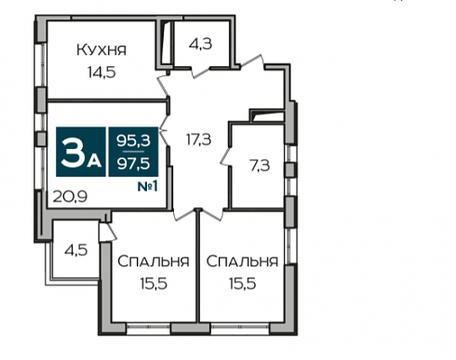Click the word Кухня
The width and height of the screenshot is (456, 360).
point(101,50)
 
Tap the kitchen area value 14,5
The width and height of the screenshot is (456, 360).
point(101,73)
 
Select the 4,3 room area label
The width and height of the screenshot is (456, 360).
point(200,44)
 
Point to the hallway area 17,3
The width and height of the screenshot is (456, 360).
point(198,140)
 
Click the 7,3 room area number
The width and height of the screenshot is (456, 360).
point(260,166)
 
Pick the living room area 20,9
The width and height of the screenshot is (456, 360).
point(70,196)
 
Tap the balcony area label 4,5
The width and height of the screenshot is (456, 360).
point(76,250)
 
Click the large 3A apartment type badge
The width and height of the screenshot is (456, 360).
point(81,152)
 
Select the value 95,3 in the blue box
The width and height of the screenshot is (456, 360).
point(133,140)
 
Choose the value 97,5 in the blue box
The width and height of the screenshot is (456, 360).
point(133,163)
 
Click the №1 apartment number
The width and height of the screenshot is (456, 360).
point(148,186)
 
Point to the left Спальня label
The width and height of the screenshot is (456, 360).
point(154,261)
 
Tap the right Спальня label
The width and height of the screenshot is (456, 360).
point(242,261)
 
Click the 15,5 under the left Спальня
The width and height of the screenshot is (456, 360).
point(154,284)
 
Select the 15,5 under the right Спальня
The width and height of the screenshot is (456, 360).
point(242,284)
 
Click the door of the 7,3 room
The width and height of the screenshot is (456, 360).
point(226,157)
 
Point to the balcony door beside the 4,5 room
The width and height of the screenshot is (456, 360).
point(107,232)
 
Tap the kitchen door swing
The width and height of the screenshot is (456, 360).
point(164,85)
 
